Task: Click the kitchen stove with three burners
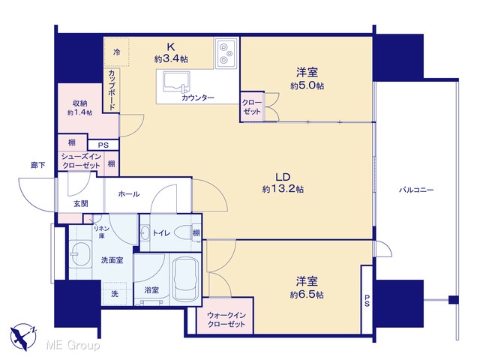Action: (226, 53)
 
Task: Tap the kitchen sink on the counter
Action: (176, 82)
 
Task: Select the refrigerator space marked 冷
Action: (116, 52)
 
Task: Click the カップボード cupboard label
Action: (112, 90)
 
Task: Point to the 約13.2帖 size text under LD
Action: (283, 189)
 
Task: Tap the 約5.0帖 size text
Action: (307, 85)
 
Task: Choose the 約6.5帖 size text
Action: (307, 295)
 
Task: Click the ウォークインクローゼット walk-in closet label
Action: (226, 319)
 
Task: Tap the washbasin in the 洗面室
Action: (80, 254)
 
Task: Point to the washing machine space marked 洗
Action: (115, 294)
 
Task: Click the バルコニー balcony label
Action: (416, 190)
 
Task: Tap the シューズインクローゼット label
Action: (81, 160)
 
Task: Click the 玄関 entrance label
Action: (81, 203)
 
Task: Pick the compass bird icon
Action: (23, 337)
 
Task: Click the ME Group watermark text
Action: (73, 345)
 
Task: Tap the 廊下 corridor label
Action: (38, 165)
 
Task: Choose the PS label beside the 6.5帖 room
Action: (367, 301)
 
